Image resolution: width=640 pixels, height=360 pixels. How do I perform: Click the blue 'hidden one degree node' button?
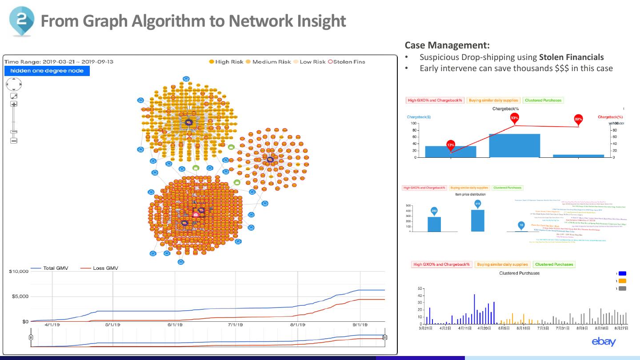[x=47, y=71]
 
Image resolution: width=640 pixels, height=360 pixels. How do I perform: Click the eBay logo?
[x=604, y=341]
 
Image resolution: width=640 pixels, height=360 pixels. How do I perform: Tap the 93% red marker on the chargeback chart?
[x=514, y=118]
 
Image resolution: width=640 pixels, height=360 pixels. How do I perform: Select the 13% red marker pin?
[x=451, y=145]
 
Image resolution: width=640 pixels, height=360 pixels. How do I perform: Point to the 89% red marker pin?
[x=578, y=119]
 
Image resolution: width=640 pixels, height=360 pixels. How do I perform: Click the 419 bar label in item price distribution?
[x=477, y=204]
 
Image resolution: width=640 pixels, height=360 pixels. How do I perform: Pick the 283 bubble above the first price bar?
[x=434, y=211]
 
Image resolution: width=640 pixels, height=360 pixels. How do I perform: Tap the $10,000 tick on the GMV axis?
[x=19, y=271]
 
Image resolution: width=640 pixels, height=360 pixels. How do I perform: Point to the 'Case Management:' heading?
[x=447, y=45]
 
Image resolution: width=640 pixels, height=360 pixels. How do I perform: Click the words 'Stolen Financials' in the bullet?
[x=571, y=57]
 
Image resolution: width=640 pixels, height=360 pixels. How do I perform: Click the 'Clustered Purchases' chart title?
[x=519, y=273]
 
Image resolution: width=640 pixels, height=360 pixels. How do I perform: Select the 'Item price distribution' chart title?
[x=470, y=194]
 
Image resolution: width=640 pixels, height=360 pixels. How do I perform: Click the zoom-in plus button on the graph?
[x=14, y=104]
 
